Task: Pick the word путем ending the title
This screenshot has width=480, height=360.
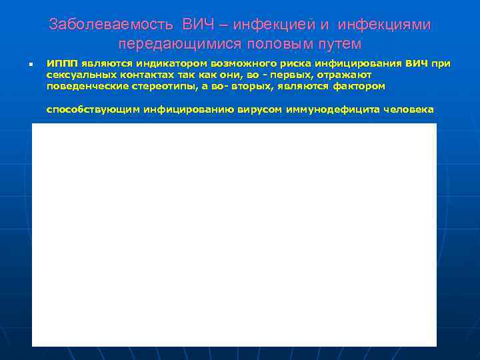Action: point(337,45)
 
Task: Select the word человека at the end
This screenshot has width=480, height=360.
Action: point(407,110)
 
